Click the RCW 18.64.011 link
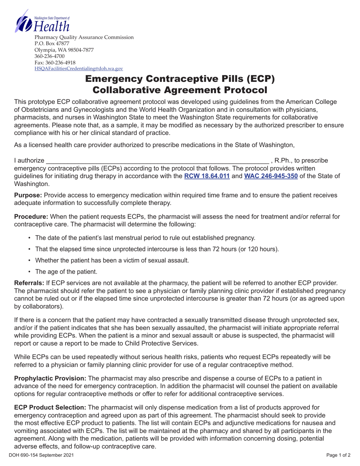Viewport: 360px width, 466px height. [207, 176]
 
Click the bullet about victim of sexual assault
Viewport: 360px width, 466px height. [112, 260]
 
